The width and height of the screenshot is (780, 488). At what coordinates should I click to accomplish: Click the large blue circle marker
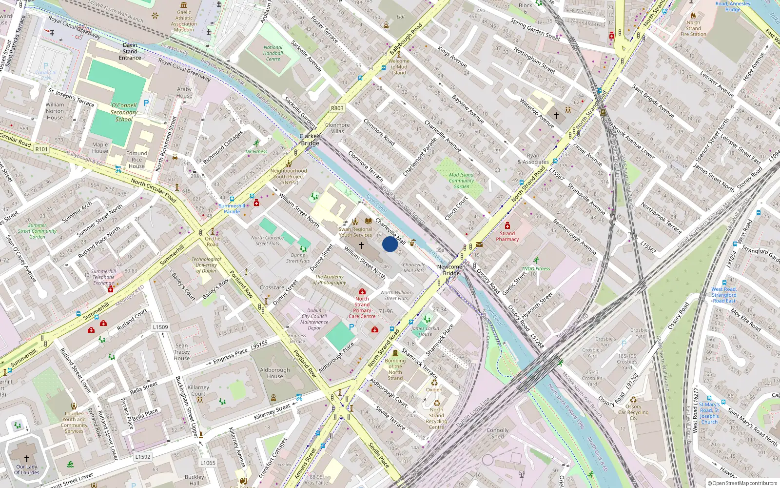(390, 244)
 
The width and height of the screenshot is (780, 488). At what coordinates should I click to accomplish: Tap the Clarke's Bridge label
(310, 140)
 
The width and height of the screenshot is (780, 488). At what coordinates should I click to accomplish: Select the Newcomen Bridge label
(451, 270)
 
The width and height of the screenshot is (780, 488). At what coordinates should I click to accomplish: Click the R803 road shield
(337, 108)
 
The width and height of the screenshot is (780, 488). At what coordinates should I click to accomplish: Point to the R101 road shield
(41, 149)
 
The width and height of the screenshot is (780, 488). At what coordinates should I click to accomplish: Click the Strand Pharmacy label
(507, 236)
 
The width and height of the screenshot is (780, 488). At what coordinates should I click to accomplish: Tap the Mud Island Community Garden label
(461, 181)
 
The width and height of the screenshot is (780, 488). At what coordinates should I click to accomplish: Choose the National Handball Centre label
(273, 53)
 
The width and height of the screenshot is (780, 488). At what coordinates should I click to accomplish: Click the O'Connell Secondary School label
(124, 112)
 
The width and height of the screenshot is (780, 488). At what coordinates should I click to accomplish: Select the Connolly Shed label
(497, 433)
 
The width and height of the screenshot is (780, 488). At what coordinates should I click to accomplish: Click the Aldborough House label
(274, 373)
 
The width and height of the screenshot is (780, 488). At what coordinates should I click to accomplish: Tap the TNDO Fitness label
(536, 268)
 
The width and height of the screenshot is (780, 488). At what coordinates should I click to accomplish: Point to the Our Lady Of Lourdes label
(26, 469)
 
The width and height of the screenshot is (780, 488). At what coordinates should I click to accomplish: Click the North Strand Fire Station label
(693, 28)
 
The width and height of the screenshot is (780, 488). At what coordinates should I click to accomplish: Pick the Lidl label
(400, 17)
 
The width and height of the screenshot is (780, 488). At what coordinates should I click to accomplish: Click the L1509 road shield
(160, 327)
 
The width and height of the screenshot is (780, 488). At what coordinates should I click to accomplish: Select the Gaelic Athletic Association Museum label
(184, 21)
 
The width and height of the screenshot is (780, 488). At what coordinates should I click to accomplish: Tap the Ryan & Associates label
(533, 159)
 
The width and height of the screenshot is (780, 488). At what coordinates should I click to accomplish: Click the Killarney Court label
(198, 390)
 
